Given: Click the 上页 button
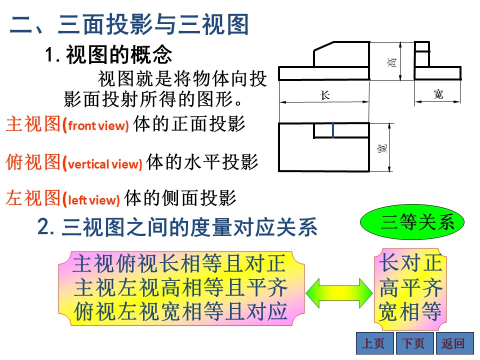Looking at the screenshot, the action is point(375,343).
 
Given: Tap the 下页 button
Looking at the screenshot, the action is point(415,343).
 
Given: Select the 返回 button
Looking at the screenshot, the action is point(454,343).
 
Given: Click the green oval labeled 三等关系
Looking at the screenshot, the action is point(412,222).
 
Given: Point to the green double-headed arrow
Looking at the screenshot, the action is point(339,293).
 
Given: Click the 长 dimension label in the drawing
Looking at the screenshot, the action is point(325,95).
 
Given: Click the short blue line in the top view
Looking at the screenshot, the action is point(333,130).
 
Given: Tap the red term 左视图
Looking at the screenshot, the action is point(33,198).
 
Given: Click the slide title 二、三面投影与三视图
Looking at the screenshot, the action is point(129,24).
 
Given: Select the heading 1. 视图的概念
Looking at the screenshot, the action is point(108,54).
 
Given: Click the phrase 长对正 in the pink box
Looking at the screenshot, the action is point(410,262).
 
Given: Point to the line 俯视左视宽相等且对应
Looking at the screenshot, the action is point(180,311).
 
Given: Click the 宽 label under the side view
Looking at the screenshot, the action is point(438,94).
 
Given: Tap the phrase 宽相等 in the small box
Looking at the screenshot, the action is point(410,311).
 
